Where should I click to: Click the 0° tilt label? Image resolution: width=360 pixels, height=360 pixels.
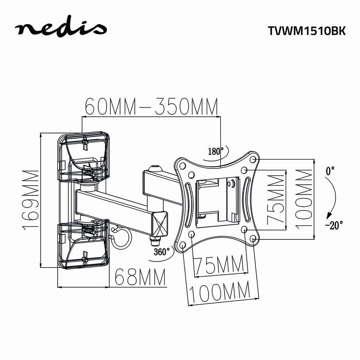tap(330, 171)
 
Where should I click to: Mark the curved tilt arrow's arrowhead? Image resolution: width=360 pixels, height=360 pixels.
tap(329, 216)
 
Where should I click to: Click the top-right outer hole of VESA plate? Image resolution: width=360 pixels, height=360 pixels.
tap(253, 158)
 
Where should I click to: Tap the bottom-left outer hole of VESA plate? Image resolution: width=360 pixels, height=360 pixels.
tap(183, 245)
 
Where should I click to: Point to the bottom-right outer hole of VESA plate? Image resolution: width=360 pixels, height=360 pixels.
tap(253, 238)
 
